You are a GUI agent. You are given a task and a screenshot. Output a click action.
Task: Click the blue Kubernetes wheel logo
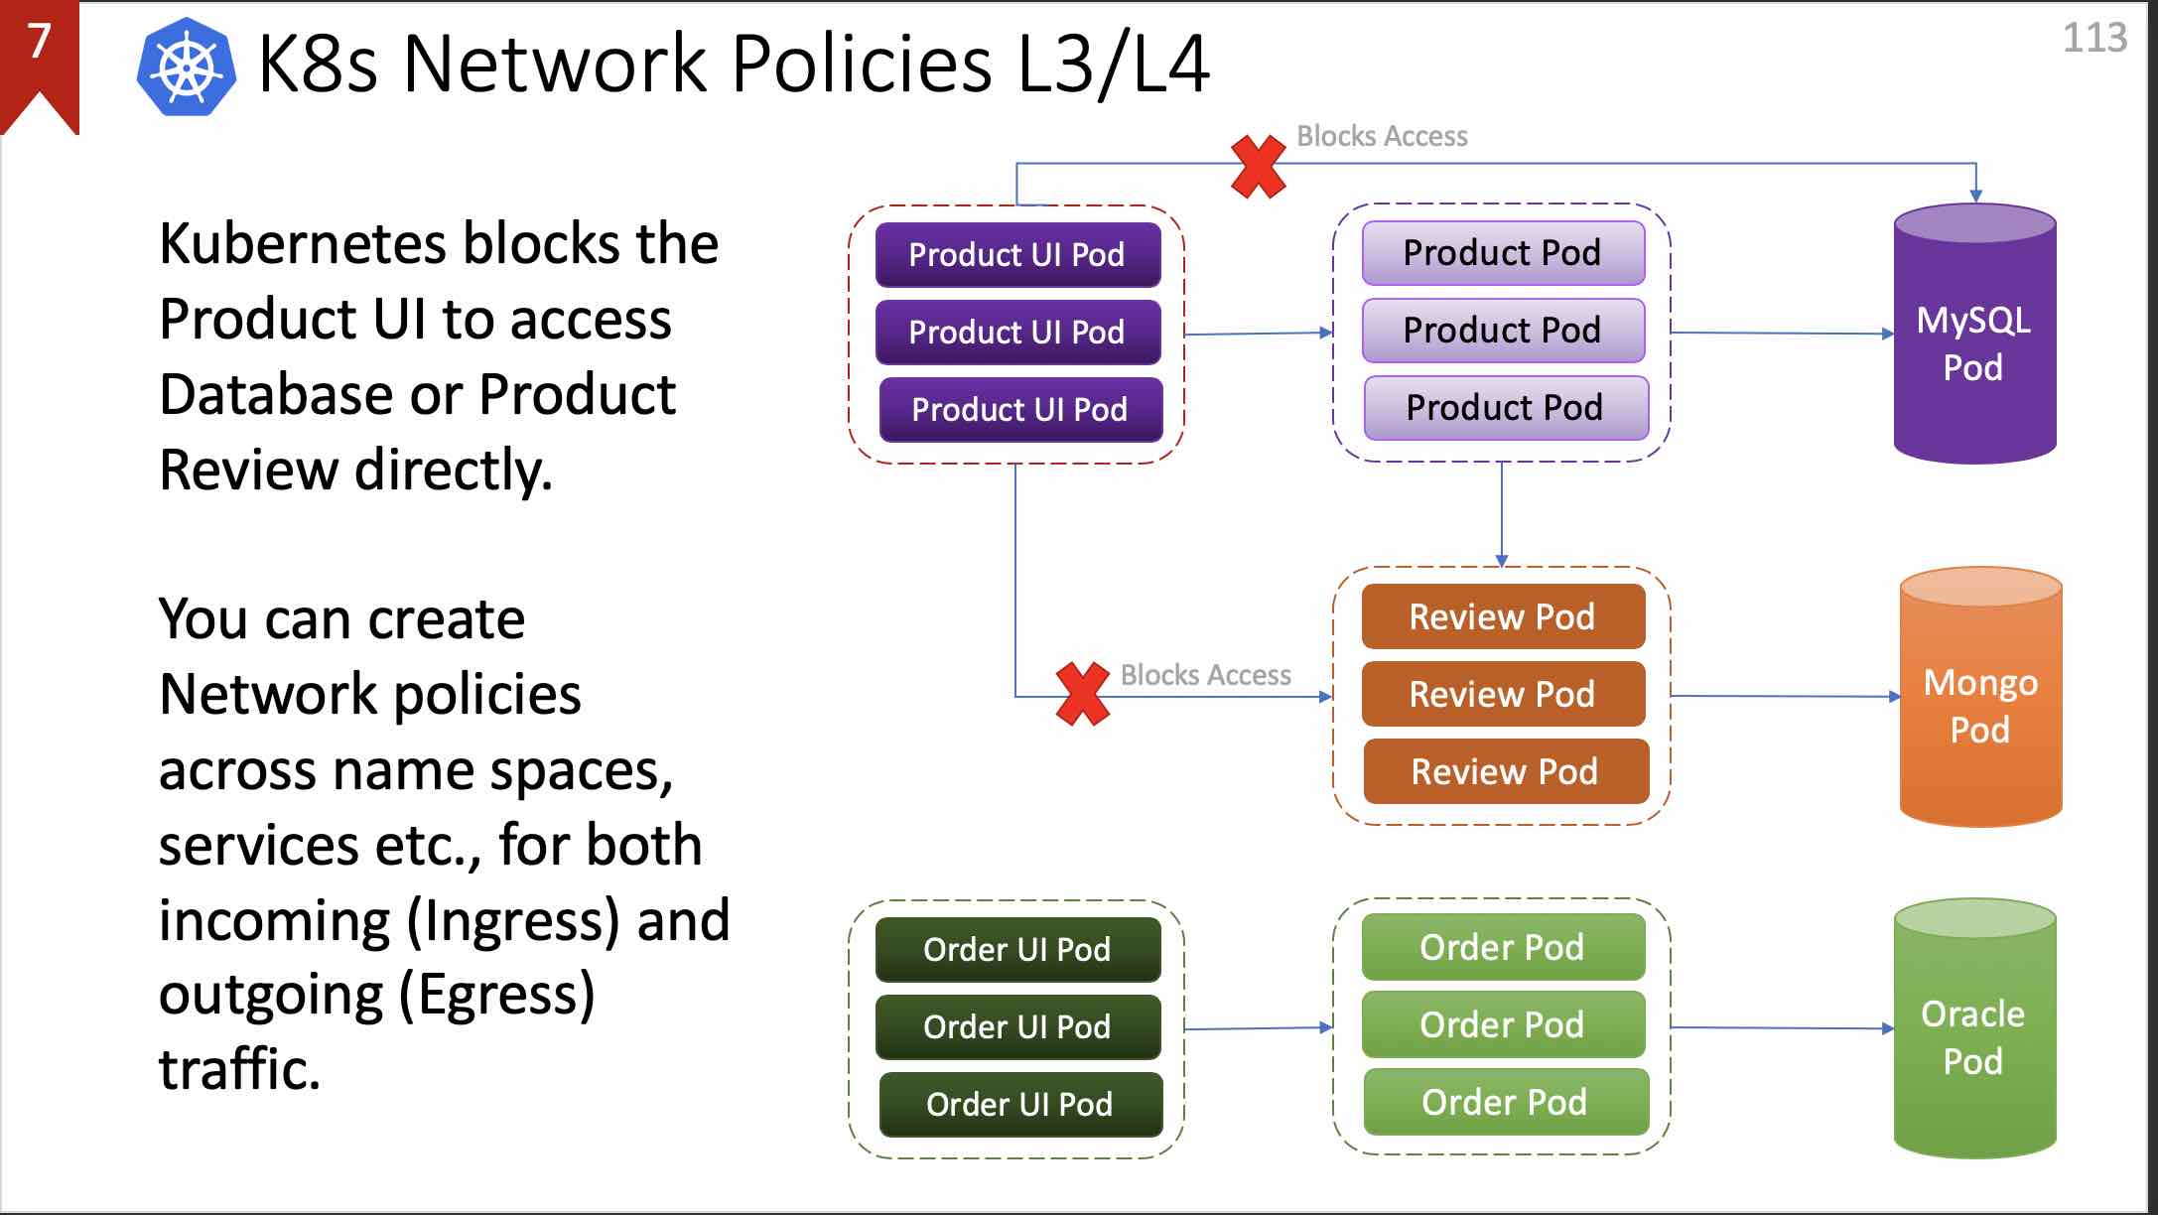point(187,67)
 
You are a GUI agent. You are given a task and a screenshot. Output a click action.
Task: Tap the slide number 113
point(2094,38)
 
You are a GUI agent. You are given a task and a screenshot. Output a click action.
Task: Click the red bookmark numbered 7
point(39,60)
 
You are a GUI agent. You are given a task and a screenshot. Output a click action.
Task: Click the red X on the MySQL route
point(1258,167)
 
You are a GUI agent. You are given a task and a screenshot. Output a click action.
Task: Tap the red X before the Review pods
point(1082,694)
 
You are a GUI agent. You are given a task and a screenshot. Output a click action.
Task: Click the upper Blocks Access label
point(1382,136)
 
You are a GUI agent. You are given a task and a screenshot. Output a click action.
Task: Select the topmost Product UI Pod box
point(1017,255)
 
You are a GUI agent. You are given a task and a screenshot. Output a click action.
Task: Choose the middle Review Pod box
point(1503,694)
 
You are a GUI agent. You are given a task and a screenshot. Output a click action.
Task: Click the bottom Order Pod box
point(1505,1102)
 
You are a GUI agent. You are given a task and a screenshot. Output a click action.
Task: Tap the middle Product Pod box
point(1503,331)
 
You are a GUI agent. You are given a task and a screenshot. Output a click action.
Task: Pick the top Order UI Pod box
point(1017,950)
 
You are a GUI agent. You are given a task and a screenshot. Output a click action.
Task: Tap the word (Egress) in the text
point(496,995)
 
